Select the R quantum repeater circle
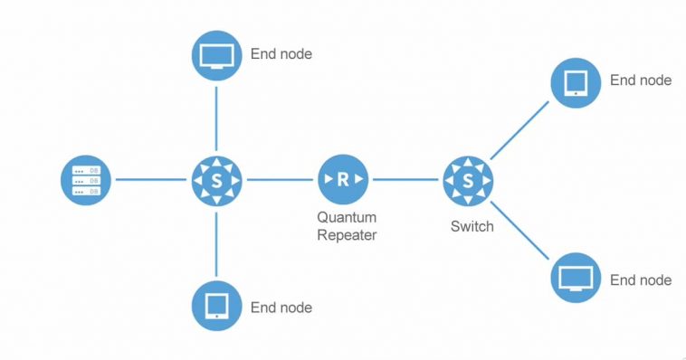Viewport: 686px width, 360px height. coord(342,179)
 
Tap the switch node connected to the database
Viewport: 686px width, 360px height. coord(216,179)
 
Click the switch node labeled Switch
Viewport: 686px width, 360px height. coord(469,179)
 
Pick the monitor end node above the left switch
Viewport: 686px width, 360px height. coord(216,55)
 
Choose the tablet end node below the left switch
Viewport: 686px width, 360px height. coord(216,305)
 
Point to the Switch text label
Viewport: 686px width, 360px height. coord(472,226)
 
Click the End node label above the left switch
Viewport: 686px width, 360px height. coord(281,54)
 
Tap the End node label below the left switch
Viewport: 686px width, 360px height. coord(281,308)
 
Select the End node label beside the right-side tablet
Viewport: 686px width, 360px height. coord(641,81)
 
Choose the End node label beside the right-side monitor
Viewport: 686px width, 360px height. coord(641,280)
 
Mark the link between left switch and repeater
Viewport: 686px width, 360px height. coord(279,179)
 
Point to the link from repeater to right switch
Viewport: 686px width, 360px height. coord(405,179)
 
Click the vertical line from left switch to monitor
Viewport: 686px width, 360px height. coord(216,116)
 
